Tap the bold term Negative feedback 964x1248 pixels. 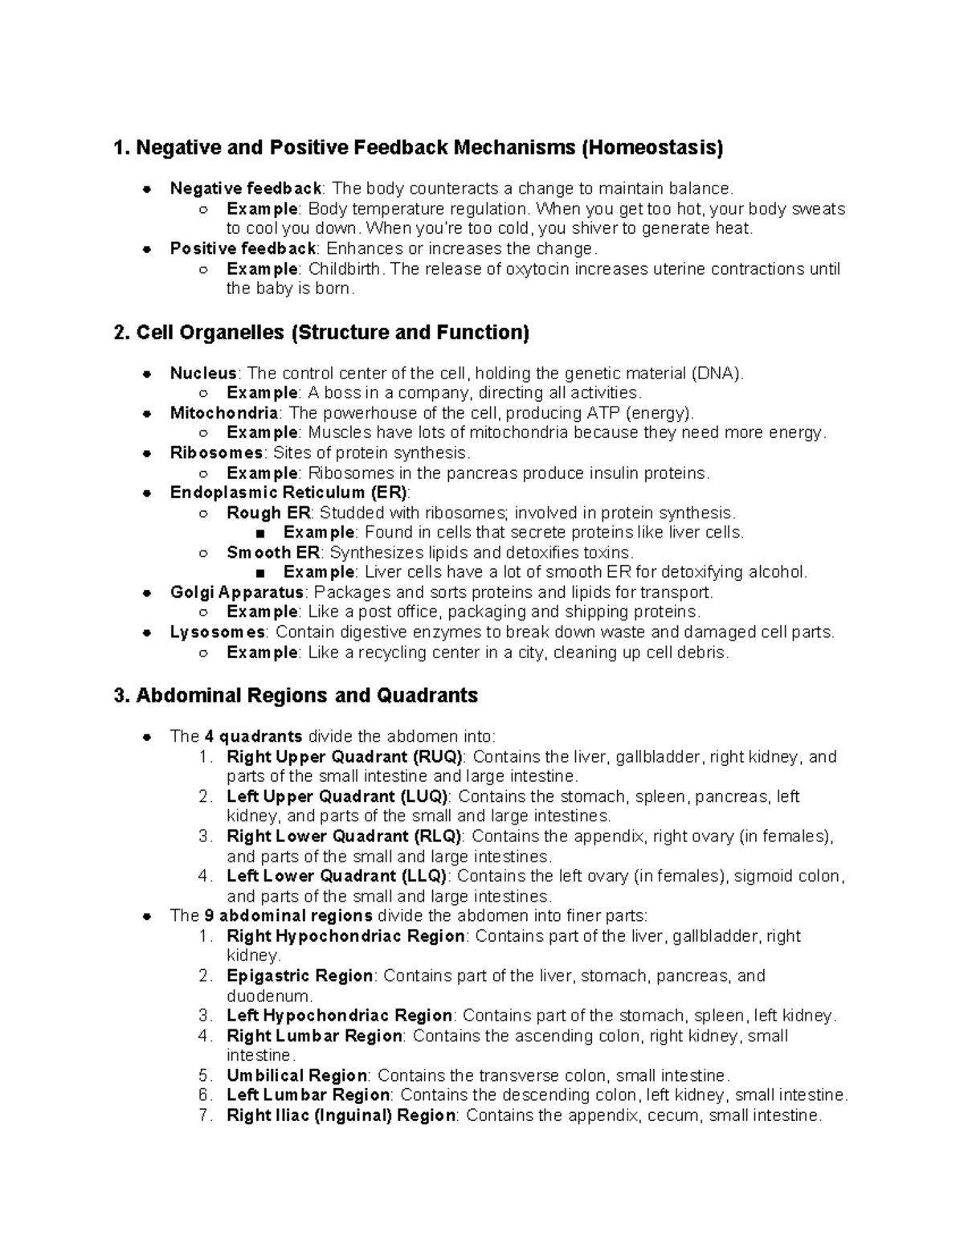246,189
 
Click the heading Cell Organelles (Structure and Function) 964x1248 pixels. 322,333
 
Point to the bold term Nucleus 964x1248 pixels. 203,374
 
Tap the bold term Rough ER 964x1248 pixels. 265,513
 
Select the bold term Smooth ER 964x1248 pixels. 273,553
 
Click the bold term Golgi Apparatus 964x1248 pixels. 237,593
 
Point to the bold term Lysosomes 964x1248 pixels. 217,632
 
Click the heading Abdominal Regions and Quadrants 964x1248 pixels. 296,695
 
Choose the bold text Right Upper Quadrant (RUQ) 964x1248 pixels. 345,757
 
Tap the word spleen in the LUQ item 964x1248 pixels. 660,797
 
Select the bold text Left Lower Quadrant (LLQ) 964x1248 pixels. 338,877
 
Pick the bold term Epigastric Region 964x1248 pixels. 300,976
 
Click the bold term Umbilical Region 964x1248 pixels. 296,1076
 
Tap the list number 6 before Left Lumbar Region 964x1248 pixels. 205,1096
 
